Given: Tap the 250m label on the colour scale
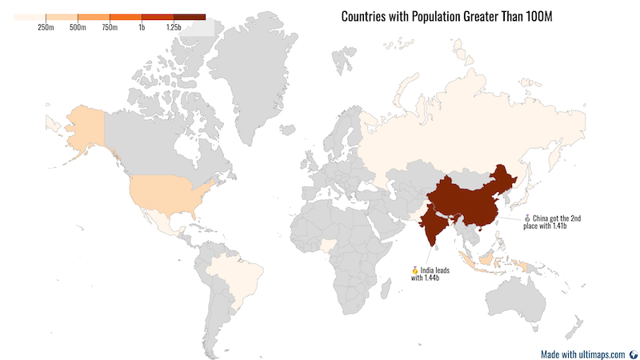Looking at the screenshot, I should [46, 28].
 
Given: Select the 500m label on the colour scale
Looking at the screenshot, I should [78, 28].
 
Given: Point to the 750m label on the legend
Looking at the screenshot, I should [110, 28].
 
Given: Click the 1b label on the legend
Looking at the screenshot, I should [142, 28].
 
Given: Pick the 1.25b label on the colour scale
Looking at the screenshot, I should [174, 28].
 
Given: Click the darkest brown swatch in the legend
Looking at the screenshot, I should [190, 17].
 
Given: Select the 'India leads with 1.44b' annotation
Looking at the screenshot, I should [430, 274].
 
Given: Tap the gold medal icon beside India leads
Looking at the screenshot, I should [415, 270].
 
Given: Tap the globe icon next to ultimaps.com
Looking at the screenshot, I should [633, 354].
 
